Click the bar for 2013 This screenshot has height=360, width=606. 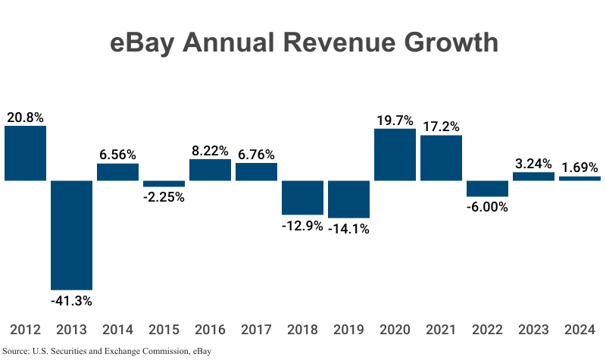71,235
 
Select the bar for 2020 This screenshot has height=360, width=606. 395,155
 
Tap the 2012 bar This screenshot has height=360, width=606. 25,153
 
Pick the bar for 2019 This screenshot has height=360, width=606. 348,199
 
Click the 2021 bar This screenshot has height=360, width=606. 441,158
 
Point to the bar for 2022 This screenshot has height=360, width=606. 487,189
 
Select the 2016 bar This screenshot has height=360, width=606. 210,170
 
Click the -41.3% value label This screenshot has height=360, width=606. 71,301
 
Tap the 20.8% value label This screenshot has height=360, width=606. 25,117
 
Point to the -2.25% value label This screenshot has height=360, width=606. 164,197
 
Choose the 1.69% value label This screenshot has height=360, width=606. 579,167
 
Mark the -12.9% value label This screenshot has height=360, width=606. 302,226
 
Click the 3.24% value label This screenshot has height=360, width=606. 533,163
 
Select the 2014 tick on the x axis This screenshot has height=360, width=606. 117,330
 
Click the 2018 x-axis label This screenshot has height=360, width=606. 302,330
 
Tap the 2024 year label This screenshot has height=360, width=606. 579,330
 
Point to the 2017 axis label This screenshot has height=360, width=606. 256,330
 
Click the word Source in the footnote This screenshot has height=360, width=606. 16,351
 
